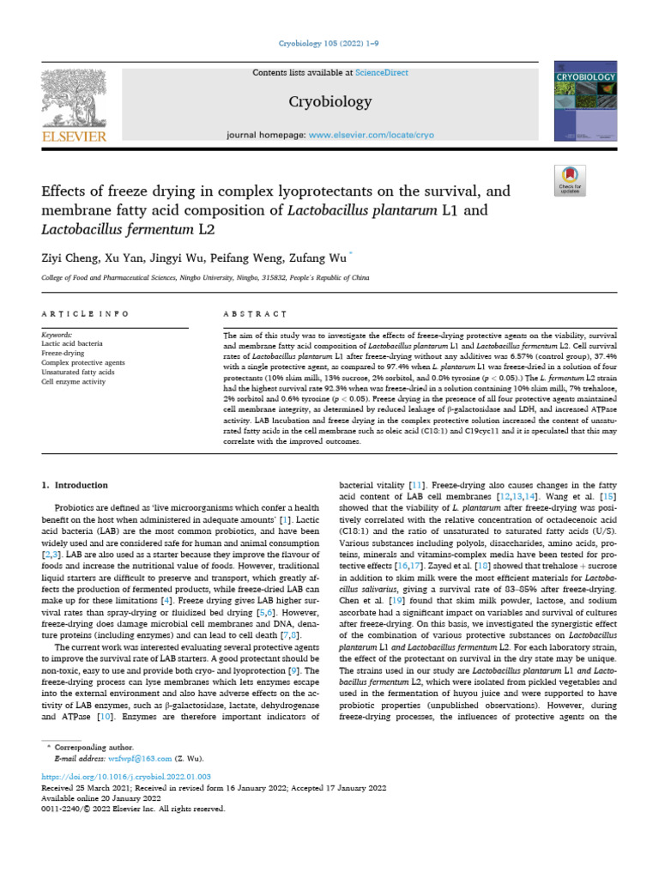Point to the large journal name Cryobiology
click(x=330, y=102)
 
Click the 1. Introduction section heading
click(x=75, y=487)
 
